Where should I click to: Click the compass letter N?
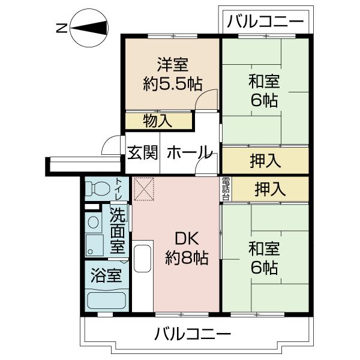tap(62, 28)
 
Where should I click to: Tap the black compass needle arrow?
tap(89, 28)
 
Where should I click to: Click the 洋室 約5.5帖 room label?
tap(172, 74)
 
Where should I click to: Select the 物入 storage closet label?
tap(157, 121)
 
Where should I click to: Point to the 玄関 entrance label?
tap(143, 152)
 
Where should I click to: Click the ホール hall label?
tap(189, 152)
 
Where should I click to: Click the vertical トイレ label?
tap(119, 189)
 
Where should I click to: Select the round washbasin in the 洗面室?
tap(93, 222)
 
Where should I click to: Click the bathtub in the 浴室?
tap(107, 301)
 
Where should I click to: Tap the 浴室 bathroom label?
tap(106, 275)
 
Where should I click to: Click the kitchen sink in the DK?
tap(142, 258)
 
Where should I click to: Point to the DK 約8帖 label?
tap(187, 248)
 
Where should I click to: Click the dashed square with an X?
tap(144, 189)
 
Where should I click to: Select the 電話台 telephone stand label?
tap(226, 189)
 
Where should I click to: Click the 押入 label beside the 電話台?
tap(270, 189)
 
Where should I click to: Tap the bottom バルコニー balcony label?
tap(193, 334)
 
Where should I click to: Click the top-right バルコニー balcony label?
tap(265, 21)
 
